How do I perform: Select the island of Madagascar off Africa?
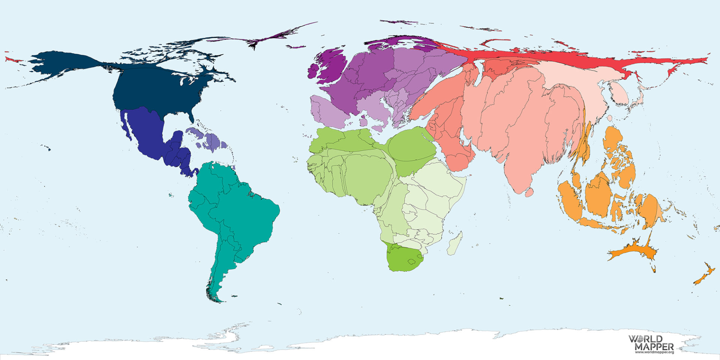[x=455, y=243]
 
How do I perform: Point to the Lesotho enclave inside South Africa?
[x=412, y=261]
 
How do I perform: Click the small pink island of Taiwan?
[x=610, y=118]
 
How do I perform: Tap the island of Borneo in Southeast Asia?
[x=598, y=195]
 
